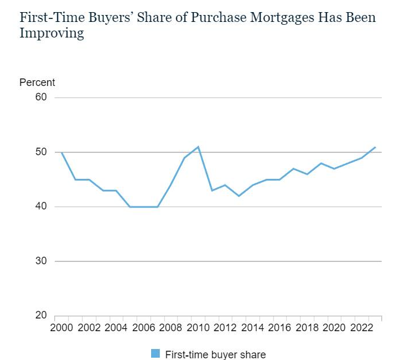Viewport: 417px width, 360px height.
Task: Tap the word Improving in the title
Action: [x=51, y=33]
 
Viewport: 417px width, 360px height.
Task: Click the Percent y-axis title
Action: [x=37, y=82]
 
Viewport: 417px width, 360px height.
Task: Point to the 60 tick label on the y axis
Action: [x=41, y=97]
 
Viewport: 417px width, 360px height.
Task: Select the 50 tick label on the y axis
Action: [x=41, y=152]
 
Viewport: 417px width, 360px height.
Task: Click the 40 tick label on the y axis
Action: [x=41, y=207]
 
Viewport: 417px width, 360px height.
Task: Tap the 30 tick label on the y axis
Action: [x=41, y=261]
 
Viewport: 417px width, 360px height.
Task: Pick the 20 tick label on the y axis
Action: [x=41, y=316]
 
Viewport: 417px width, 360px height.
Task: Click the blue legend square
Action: [x=155, y=354]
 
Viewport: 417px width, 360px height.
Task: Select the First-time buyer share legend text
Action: [x=215, y=354]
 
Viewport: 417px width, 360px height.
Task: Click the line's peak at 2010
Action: [x=198, y=147]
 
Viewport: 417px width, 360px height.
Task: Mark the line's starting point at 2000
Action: [x=62, y=152]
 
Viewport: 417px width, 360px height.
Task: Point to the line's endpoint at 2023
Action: [x=375, y=147]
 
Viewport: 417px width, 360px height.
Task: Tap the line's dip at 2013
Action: [x=239, y=196]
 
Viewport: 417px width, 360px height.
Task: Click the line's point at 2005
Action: [x=130, y=207]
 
